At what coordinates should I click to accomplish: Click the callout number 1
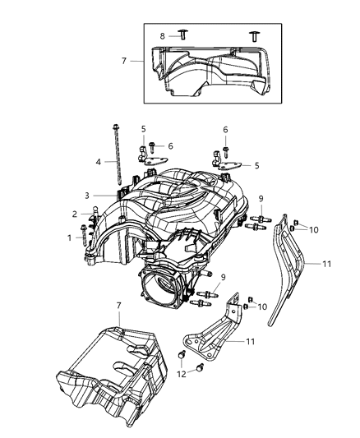(70, 237)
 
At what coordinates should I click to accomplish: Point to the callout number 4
(98, 162)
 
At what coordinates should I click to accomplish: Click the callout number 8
(162, 35)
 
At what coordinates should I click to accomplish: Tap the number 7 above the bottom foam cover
(119, 306)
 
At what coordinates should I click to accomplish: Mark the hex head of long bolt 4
(113, 126)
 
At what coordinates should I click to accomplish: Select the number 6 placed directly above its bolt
(224, 129)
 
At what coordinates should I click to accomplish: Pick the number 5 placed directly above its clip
(143, 129)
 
